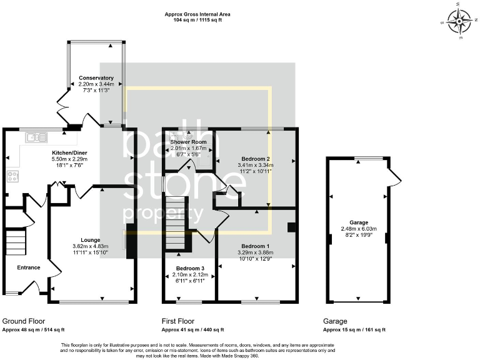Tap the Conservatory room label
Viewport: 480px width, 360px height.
(x=96, y=78)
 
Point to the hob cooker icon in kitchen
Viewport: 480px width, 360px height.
(x=12, y=176)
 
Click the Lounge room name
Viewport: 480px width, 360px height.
(x=90, y=239)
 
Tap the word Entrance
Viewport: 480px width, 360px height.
(x=28, y=267)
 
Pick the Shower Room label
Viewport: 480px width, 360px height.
(x=188, y=142)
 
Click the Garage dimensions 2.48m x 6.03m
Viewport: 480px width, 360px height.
(x=358, y=229)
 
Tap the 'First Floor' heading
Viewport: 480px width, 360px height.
(x=177, y=321)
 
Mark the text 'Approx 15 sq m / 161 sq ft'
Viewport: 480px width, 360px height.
(x=354, y=329)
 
